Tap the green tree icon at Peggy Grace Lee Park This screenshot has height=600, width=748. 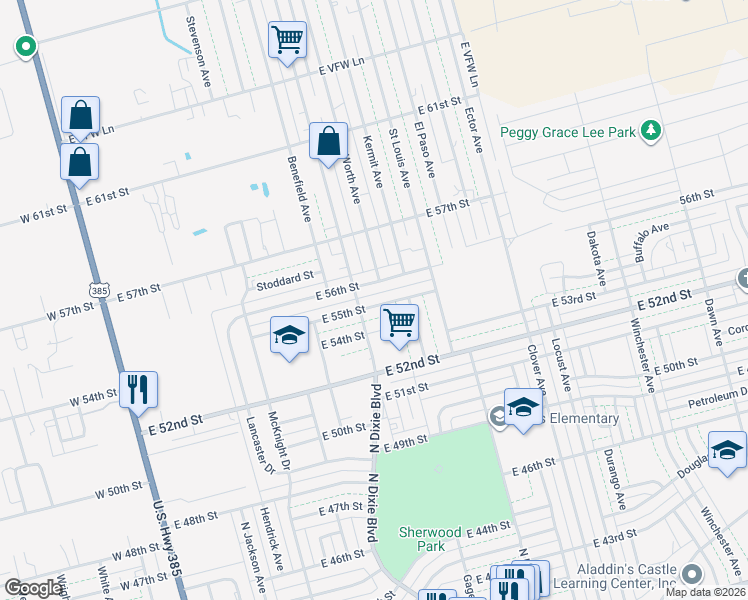click(651, 131)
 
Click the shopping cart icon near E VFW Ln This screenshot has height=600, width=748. click(287, 41)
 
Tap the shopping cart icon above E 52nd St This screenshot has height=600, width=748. click(400, 323)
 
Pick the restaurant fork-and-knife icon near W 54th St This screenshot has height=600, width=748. click(138, 389)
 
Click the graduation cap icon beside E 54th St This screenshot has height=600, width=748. click(288, 335)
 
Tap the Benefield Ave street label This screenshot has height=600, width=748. click(298, 187)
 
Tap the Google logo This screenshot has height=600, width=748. click(34, 587)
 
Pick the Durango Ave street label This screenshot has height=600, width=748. click(619, 486)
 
